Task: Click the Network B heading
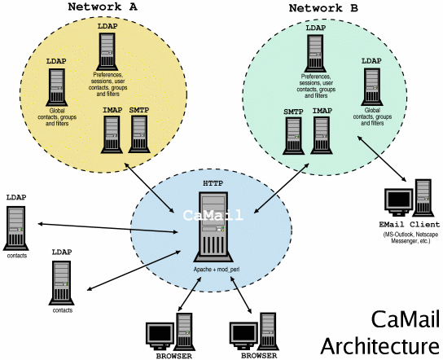323,9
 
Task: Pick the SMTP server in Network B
294,135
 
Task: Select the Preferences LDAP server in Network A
107,51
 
